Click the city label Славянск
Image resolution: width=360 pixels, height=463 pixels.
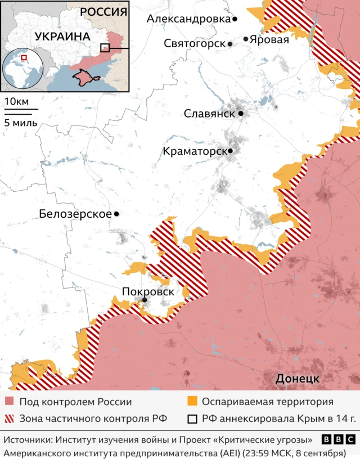(209, 113)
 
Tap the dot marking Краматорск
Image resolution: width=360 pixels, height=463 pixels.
(230, 151)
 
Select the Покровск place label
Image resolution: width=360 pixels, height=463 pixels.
(147, 291)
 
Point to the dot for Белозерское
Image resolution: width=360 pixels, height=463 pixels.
(116, 214)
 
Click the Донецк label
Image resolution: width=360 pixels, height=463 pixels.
(297, 379)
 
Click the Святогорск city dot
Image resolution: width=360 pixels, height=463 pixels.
(230, 43)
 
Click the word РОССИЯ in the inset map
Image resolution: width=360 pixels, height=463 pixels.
(103, 12)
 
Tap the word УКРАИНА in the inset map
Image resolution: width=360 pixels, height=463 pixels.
(62, 37)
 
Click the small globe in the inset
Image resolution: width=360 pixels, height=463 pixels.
(24, 70)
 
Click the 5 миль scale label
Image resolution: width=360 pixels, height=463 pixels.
(21, 123)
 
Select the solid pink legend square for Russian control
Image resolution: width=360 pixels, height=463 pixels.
(9, 402)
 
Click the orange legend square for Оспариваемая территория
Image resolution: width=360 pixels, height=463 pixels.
(192, 402)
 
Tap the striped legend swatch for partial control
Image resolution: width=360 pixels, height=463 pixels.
(9, 419)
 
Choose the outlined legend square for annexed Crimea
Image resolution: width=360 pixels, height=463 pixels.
(192, 419)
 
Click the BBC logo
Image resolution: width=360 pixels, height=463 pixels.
(338, 439)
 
